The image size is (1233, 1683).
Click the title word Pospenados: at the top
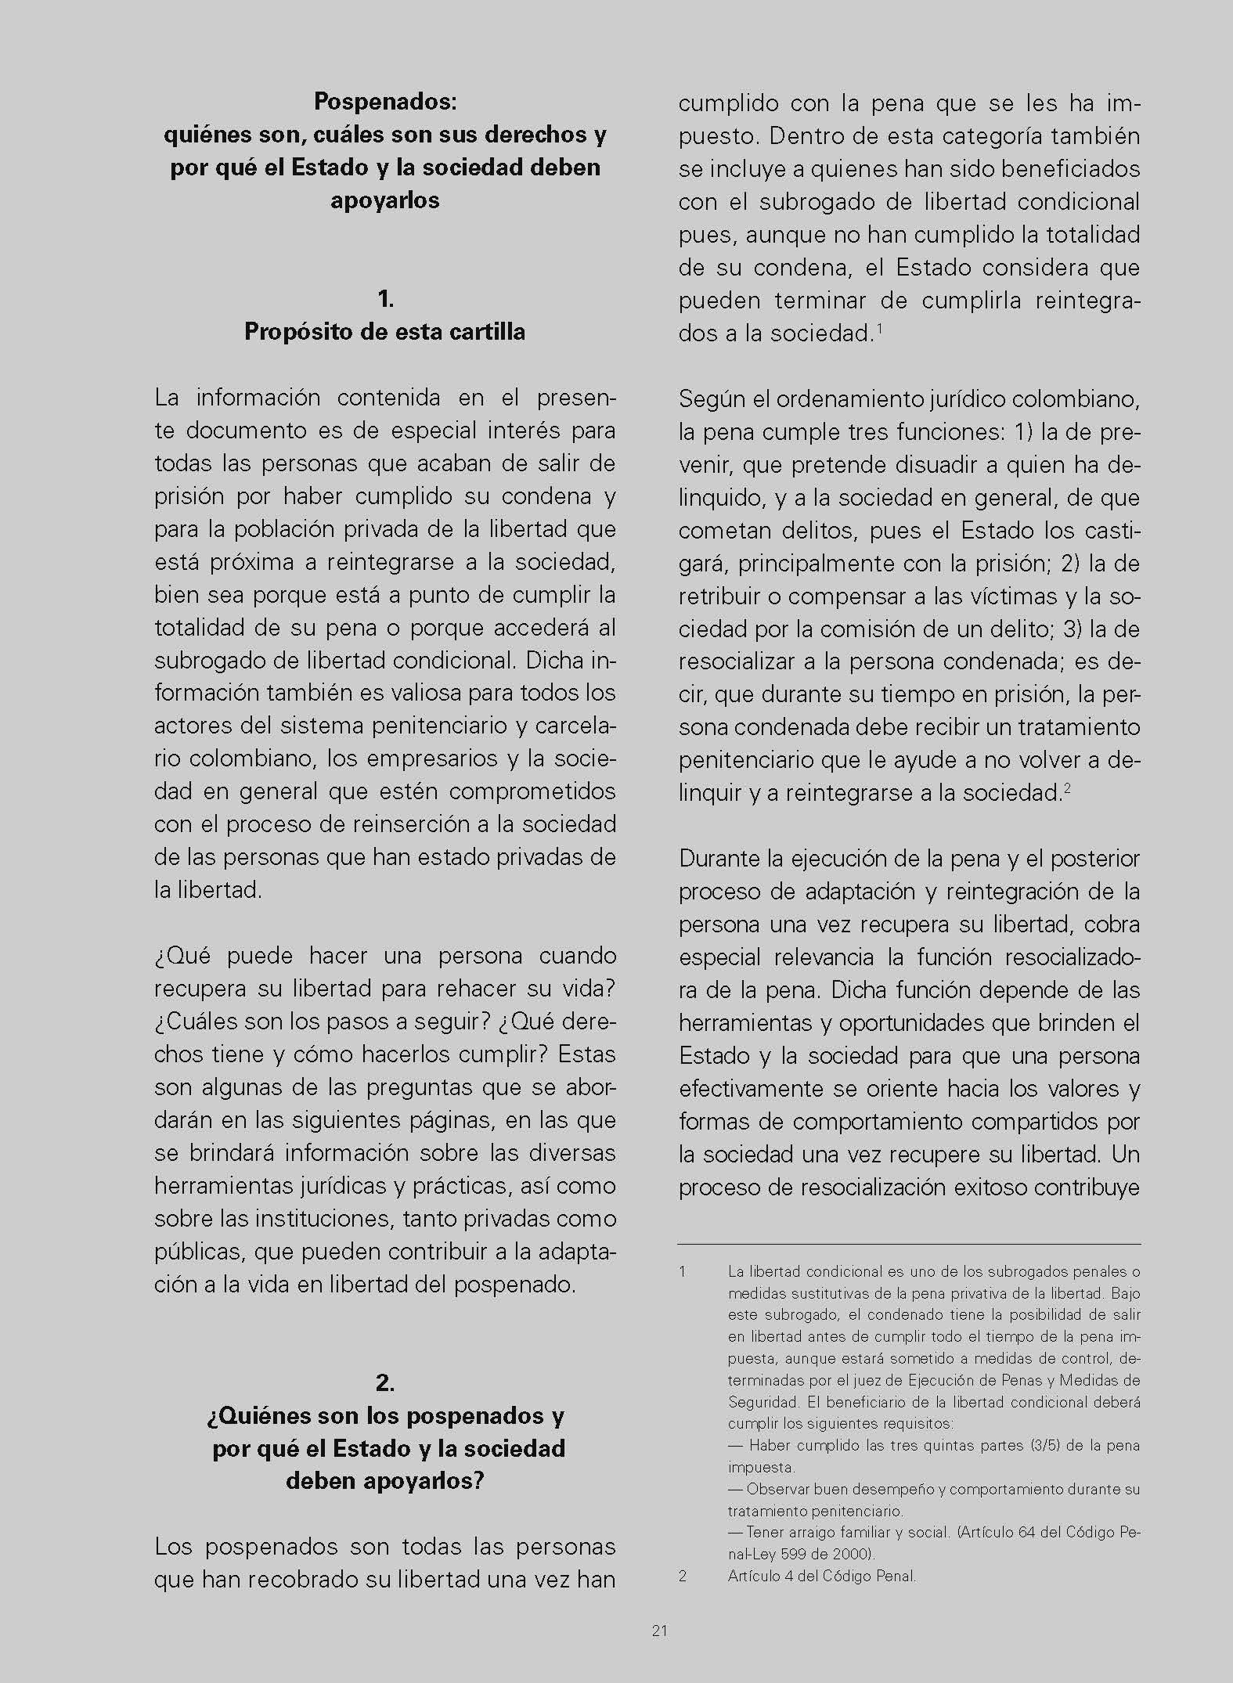point(385,102)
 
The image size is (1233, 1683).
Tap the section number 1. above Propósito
point(385,298)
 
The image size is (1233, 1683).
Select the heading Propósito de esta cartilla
point(385,332)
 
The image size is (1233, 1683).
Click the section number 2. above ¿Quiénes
point(385,1382)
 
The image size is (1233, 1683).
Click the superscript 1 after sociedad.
point(880,329)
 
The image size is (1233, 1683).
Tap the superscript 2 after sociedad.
point(1066,788)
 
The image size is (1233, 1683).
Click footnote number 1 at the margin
point(683,1272)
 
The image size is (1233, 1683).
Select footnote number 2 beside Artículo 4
point(683,1576)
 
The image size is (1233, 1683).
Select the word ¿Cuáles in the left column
point(193,1022)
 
